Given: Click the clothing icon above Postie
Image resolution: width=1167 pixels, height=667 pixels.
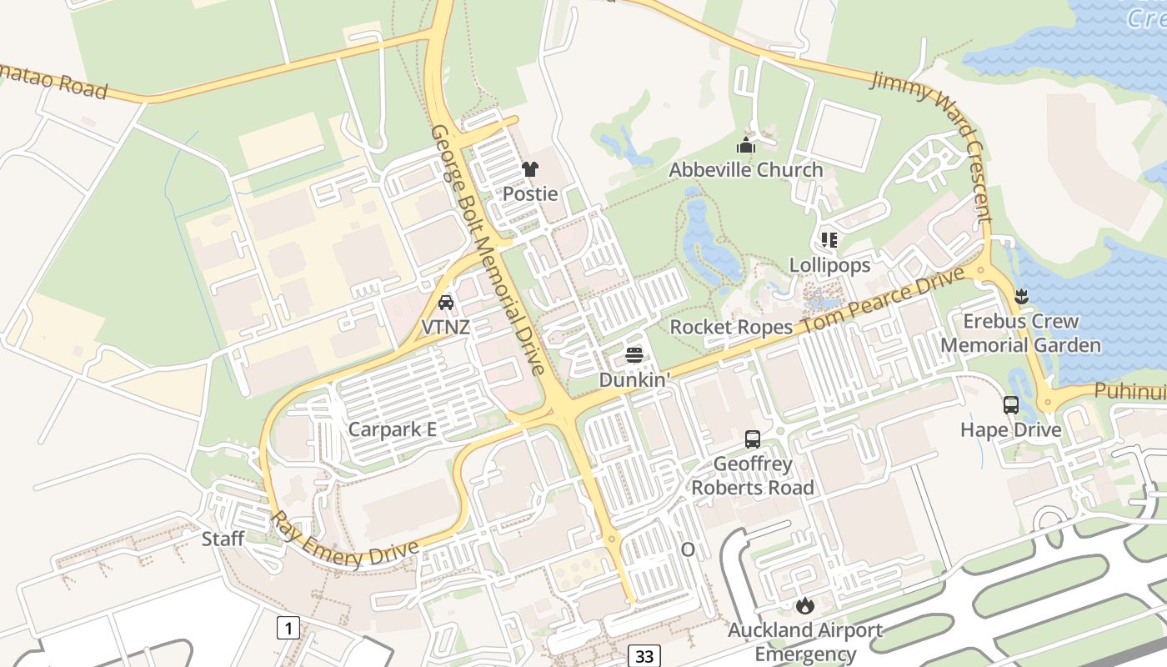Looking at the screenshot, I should point(530,169).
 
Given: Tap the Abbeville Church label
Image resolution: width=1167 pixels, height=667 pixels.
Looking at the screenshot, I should point(745,170).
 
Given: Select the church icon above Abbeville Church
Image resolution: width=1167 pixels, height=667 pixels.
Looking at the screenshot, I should point(745,146).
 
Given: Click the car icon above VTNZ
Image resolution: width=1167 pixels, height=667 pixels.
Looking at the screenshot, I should point(446,303).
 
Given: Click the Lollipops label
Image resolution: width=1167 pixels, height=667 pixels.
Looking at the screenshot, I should point(829,265).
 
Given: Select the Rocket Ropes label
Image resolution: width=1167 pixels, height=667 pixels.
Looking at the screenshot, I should point(730,327).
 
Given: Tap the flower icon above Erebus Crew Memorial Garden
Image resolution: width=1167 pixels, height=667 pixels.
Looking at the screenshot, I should point(1021,296).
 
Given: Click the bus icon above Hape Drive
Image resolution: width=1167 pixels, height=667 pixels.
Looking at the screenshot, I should point(1011,405).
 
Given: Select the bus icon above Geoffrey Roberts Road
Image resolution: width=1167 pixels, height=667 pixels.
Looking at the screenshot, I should point(753,439).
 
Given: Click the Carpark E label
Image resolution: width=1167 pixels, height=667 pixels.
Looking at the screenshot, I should point(392,430).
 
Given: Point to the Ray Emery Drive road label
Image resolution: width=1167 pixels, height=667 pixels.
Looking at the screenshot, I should point(343,542).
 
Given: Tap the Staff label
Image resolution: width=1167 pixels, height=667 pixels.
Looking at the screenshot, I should point(223,539).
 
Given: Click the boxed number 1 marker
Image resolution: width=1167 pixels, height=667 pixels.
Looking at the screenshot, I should point(288,627).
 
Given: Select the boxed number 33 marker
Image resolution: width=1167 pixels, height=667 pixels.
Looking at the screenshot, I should point(644,656).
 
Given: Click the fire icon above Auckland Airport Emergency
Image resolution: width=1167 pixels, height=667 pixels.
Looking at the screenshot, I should point(804,605).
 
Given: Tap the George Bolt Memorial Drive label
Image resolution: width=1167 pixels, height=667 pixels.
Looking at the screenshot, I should point(487,250).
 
